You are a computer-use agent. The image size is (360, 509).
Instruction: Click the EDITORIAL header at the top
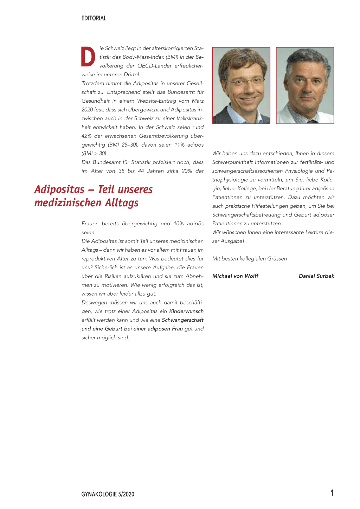click(x=94, y=18)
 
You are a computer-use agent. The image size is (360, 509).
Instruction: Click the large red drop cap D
click(x=88, y=57)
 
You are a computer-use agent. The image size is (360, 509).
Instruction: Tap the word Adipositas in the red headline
click(x=59, y=189)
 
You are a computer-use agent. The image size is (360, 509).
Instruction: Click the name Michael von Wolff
click(x=235, y=276)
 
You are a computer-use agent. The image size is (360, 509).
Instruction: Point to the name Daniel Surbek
click(x=316, y=276)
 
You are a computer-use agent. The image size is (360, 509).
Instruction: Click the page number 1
click(x=332, y=493)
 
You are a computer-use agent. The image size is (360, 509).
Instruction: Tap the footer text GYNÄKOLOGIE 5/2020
click(x=108, y=494)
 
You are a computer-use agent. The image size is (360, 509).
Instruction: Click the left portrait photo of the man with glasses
click(x=241, y=85)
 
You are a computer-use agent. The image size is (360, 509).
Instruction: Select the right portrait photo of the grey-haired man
click(x=305, y=85)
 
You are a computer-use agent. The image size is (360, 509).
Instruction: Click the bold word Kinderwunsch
click(x=186, y=311)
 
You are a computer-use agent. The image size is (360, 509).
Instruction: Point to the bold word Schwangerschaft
click(x=182, y=320)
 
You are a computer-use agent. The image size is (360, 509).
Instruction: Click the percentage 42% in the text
click(x=86, y=136)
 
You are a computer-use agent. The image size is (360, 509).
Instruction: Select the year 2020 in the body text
click(x=87, y=110)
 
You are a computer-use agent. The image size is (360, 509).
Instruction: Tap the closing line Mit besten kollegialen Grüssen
click(x=250, y=259)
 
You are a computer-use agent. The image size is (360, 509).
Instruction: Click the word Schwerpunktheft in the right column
click(x=232, y=162)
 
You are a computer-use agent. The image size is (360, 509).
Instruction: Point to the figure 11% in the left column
click(x=179, y=145)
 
